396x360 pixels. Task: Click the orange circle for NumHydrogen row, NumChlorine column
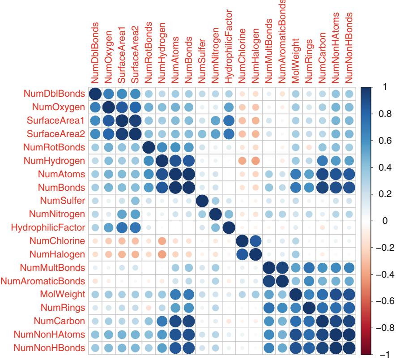242,161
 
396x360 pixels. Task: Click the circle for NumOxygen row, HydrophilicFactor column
229,107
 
